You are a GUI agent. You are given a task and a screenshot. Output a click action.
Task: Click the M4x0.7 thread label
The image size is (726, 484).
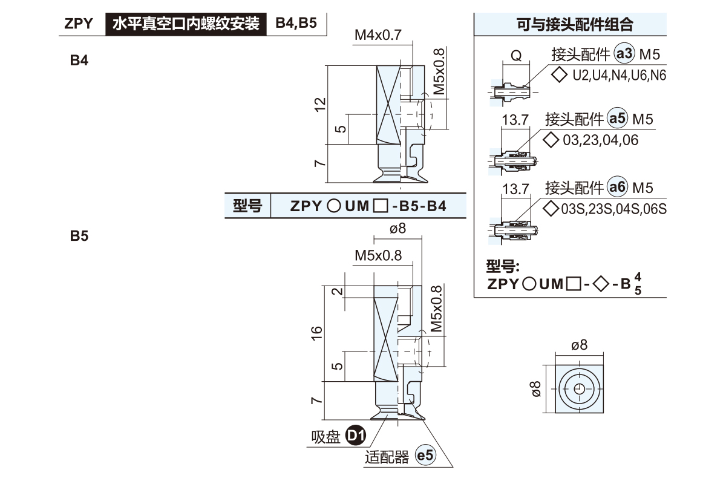pyautogui.click(x=378, y=35)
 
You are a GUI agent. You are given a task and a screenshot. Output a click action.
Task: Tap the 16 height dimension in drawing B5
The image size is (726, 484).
pyautogui.click(x=317, y=331)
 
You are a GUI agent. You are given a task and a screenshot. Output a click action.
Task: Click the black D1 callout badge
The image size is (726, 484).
pyautogui.click(x=356, y=435)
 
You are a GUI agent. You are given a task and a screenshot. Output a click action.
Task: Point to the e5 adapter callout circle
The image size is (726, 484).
pyautogui.click(x=426, y=457)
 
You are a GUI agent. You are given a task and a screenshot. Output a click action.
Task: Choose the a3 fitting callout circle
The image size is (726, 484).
pyautogui.click(x=623, y=54)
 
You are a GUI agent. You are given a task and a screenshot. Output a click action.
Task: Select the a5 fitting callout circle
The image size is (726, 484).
pyautogui.click(x=618, y=119)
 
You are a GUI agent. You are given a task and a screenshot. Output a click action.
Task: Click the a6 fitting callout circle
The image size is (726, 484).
pyautogui.click(x=618, y=188)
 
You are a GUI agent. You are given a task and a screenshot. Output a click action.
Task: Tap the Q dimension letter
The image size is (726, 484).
pyautogui.click(x=516, y=56)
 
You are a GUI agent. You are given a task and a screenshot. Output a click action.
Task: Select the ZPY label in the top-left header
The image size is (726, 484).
pyautogui.click(x=79, y=24)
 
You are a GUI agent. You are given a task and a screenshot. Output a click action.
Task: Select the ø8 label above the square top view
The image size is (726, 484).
pyautogui.click(x=579, y=345)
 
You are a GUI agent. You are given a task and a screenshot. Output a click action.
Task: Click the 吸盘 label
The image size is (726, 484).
pyautogui.click(x=326, y=436)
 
